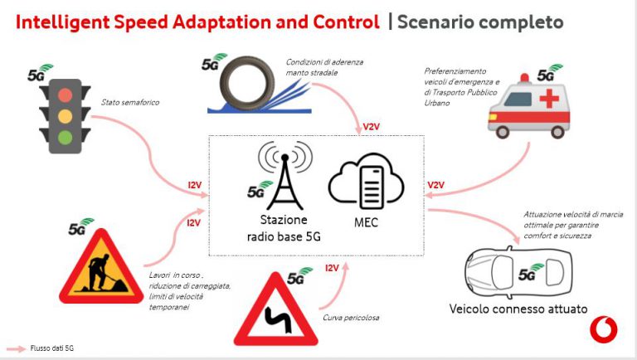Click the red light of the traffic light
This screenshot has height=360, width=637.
tap(65, 95)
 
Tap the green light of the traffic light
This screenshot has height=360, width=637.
tap(65, 137)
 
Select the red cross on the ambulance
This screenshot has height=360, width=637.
tap(549, 99)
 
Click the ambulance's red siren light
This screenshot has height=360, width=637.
tap(524, 78)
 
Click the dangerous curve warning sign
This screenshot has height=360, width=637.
tap(276, 309)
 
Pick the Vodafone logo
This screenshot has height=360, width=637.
tap(603, 330)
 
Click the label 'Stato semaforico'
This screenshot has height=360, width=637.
tap(130, 102)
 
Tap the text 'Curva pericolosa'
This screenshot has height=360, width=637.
tap(351, 318)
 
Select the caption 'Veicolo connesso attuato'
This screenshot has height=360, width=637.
tap(518, 309)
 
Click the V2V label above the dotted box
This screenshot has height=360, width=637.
tap(371, 127)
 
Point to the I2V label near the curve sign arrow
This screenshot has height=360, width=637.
tap(332, 268)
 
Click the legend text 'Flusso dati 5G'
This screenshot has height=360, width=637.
tap(52, 348)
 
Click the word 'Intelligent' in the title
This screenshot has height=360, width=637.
tap(62, 22)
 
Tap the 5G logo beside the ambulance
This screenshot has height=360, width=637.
tap(550, 73)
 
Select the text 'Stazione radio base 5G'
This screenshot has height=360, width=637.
tap(284, 228)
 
